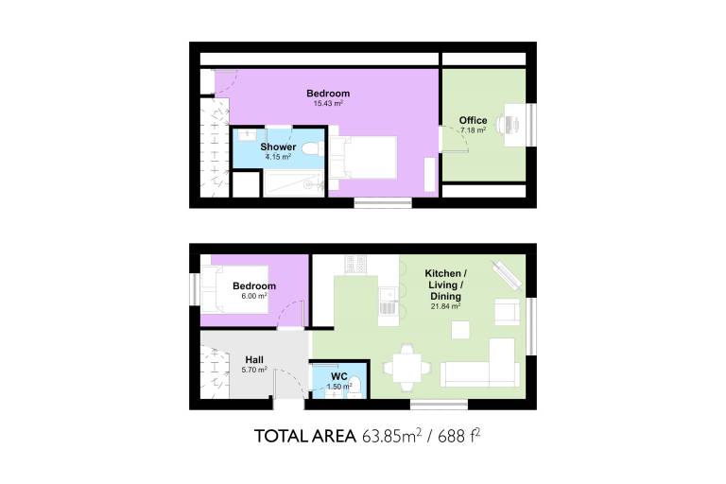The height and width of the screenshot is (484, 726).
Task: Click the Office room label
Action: point(473,120)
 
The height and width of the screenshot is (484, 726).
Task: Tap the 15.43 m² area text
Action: point(328,103)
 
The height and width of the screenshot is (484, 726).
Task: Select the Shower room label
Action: point(278,147)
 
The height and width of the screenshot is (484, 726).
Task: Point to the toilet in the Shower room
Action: point(312,148)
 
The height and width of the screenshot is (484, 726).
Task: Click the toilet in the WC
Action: point(355,388)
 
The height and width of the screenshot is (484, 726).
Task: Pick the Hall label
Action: point(254,360)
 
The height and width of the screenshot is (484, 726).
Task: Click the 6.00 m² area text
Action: point(254,296)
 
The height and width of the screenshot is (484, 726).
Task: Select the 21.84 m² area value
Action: point(445,306)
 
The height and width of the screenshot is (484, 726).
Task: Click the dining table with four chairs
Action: point(407,369)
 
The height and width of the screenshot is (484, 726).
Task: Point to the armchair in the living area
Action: point(507,312)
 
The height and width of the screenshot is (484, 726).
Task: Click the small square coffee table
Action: point(460,330)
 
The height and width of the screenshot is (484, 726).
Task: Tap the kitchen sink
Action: point(388,294)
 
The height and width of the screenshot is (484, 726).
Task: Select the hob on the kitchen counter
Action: point(355,265)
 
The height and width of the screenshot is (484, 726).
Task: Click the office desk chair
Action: point(502,124)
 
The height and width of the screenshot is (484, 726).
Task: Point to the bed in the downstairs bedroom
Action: point(234,289)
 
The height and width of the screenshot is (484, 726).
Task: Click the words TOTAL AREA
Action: point(305,437)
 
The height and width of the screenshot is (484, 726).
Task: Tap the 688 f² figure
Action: point(458,436)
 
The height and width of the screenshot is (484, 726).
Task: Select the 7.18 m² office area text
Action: point(473,130)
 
